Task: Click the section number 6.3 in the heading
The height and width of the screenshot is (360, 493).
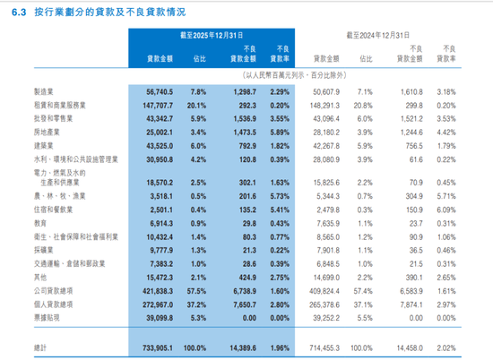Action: point(14,15)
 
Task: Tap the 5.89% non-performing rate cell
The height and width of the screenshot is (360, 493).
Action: point(280,132)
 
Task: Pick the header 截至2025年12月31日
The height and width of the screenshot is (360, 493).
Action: point(211,34)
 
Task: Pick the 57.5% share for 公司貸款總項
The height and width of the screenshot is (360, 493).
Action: point(198,291)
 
